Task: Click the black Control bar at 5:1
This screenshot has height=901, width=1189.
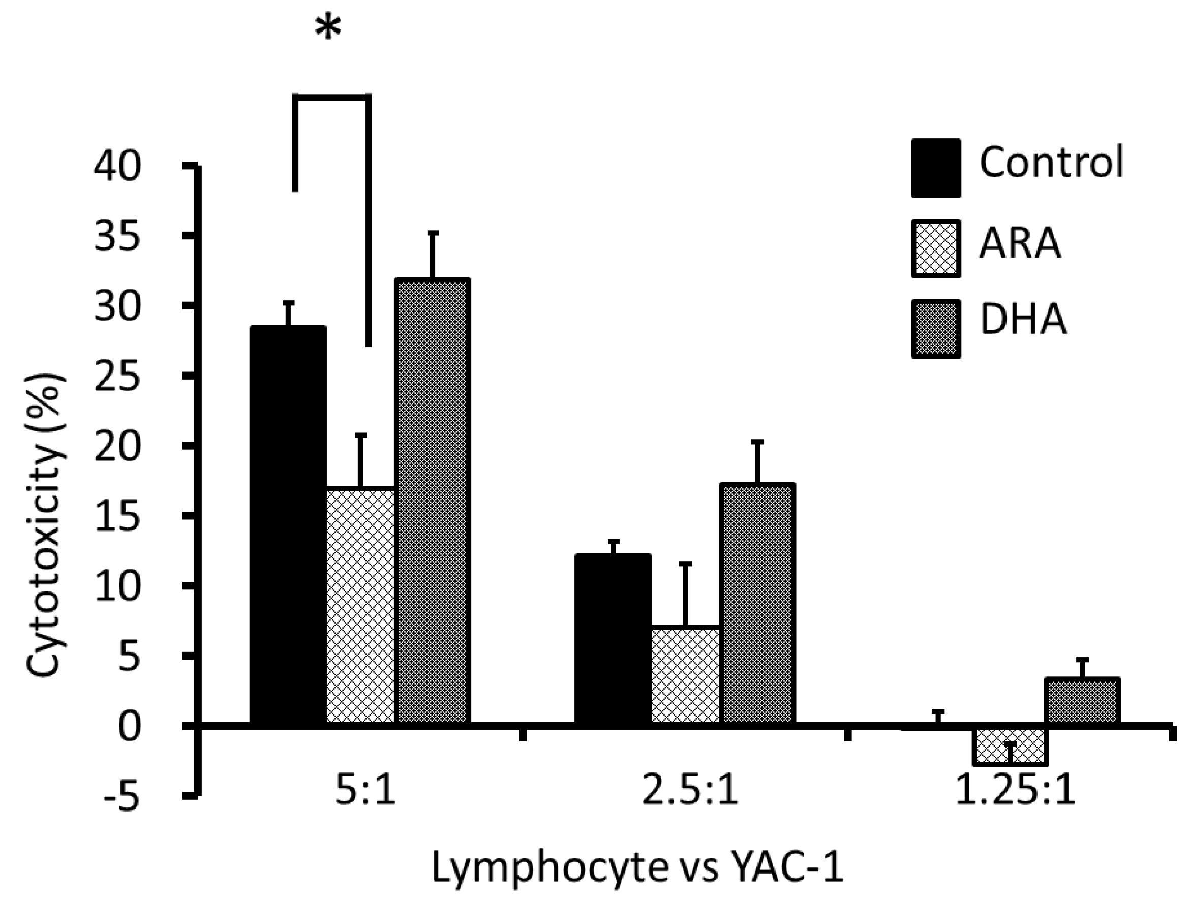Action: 288,526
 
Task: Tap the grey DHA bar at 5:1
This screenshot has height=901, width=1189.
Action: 433,503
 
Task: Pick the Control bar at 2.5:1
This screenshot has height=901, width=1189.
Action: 613,639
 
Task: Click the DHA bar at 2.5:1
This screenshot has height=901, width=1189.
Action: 758,604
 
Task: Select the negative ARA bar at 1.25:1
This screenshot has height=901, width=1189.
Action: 1011,748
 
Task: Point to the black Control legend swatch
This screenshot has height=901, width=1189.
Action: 936,168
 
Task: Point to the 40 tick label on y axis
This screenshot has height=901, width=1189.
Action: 117,168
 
